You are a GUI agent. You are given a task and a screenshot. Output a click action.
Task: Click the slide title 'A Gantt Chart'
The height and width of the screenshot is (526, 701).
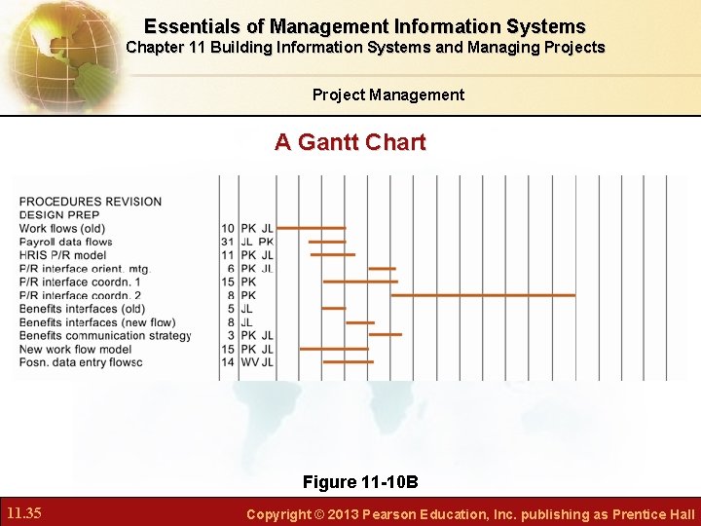click(350, 142)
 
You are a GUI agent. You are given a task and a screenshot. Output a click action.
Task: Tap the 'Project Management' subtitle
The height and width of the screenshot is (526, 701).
click(387, 94)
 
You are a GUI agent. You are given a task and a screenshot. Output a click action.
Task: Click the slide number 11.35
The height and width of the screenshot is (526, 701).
click(22, 512)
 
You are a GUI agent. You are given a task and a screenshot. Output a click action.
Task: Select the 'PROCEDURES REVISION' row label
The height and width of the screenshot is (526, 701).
click(91, 202)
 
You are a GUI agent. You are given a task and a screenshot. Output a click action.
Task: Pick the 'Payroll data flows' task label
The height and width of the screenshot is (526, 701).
click(65, 242)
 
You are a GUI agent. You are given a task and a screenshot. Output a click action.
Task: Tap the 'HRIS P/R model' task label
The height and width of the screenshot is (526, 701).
click(62, 255)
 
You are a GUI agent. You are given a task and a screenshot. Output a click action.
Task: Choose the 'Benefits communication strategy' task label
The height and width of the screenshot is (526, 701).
click(105, 336)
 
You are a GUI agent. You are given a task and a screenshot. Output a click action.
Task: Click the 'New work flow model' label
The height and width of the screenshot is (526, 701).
click(75, 349)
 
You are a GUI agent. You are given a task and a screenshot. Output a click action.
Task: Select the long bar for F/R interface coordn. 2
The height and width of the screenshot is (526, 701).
click(482, 294)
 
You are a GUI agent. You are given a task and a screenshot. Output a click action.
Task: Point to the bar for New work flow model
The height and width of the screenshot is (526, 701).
click(334, 348)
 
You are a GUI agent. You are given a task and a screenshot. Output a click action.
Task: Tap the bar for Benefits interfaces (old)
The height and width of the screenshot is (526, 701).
click(333, 309)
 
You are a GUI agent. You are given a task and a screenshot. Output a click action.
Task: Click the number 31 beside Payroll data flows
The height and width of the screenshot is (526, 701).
click(228, 242)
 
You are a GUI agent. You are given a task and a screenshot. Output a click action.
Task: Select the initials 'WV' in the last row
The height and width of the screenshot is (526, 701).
click(249, 362)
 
